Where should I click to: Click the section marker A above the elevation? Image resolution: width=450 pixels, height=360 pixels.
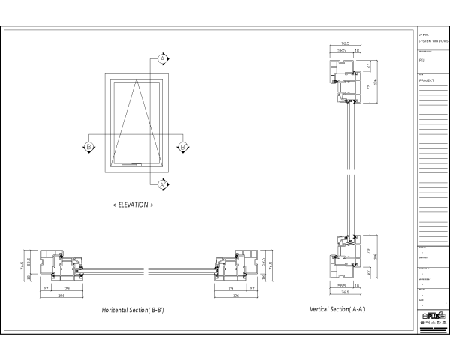tap(162, 58)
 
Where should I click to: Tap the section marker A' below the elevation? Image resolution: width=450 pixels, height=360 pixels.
tap(162, 184)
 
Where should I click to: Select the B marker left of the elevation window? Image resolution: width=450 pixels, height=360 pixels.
tap(88, 147)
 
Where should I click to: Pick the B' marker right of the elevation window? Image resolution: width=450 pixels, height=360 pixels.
tap(182, 147)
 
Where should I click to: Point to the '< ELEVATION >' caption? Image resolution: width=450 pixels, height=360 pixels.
tap(133, 204)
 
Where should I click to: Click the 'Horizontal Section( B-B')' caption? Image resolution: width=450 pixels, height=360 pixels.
tap(133, 310)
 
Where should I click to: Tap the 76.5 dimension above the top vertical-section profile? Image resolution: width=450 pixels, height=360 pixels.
tap(346, 44)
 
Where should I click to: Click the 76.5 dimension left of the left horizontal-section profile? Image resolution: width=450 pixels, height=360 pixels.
tap(22, 265)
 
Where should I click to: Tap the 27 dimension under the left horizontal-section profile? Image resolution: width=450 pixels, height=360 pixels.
tap(45, 288)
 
